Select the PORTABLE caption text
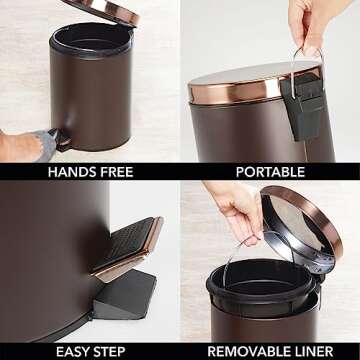270,172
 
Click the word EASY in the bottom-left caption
71,351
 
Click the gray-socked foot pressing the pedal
43,144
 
